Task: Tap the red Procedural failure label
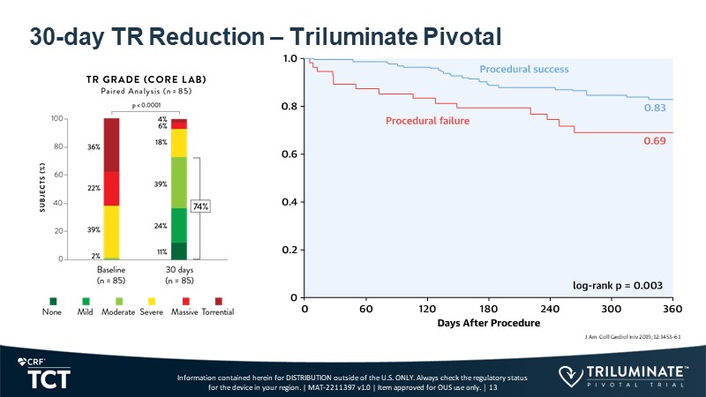click(427, 121)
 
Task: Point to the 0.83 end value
click(654, 108)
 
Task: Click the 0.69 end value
click(654, 139)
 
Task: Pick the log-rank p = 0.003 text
click(617, 285)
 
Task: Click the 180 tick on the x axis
click(489, 310)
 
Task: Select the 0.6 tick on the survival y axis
click(289, 154)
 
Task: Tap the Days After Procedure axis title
click(488, 325)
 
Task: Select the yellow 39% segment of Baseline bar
click(111, 230)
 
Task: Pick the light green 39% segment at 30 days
click(179, 183)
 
